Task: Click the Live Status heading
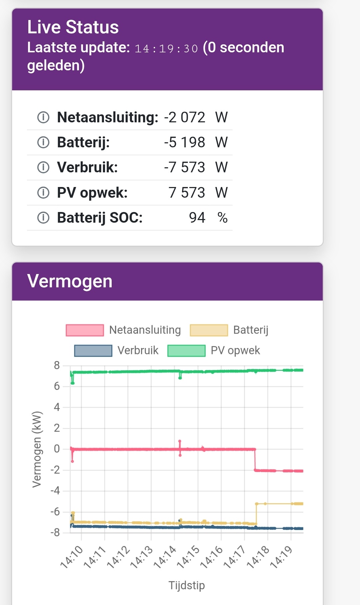click(73, 27)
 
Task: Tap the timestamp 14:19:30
click(166, 49)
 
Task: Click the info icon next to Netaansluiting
click(43, 117)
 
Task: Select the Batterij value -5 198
click(184, 142)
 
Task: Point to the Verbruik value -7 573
click(184, 167)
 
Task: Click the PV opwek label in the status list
click(92, 193)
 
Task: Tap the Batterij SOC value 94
click(197, 218)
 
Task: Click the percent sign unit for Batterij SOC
click(222, 218)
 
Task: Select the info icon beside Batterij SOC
click(43, 218)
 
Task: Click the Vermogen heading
click(70, 281)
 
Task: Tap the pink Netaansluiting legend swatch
click(85, 330)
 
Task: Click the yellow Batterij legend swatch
click(209, 330)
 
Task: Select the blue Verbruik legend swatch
click(93, 351)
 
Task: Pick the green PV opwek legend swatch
click(186, 351)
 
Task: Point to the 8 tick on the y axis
click(57, 366)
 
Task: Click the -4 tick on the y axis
click(55, 491)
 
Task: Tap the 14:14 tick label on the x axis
click(165, 557)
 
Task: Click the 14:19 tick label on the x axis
click(281, 557)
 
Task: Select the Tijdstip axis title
click(187, 585)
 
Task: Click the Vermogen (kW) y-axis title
click(37, 449)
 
